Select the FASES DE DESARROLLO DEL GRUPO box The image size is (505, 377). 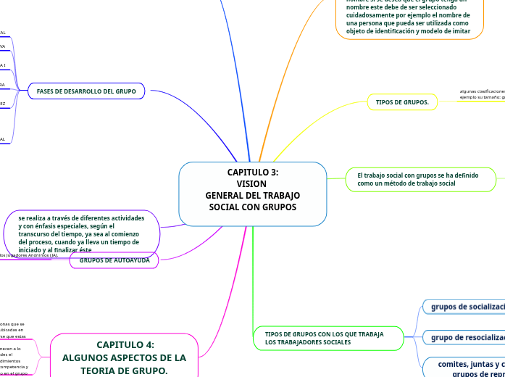(x=86, y=91)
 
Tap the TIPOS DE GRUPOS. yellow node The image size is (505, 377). (x=402, y=102)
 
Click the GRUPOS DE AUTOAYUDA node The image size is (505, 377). (x=114, y=260)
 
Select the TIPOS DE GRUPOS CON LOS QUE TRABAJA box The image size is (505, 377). (x=328, y=338)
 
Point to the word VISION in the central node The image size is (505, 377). (x=252, y=184)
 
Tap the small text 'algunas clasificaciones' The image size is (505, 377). (x=482, y=91)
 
